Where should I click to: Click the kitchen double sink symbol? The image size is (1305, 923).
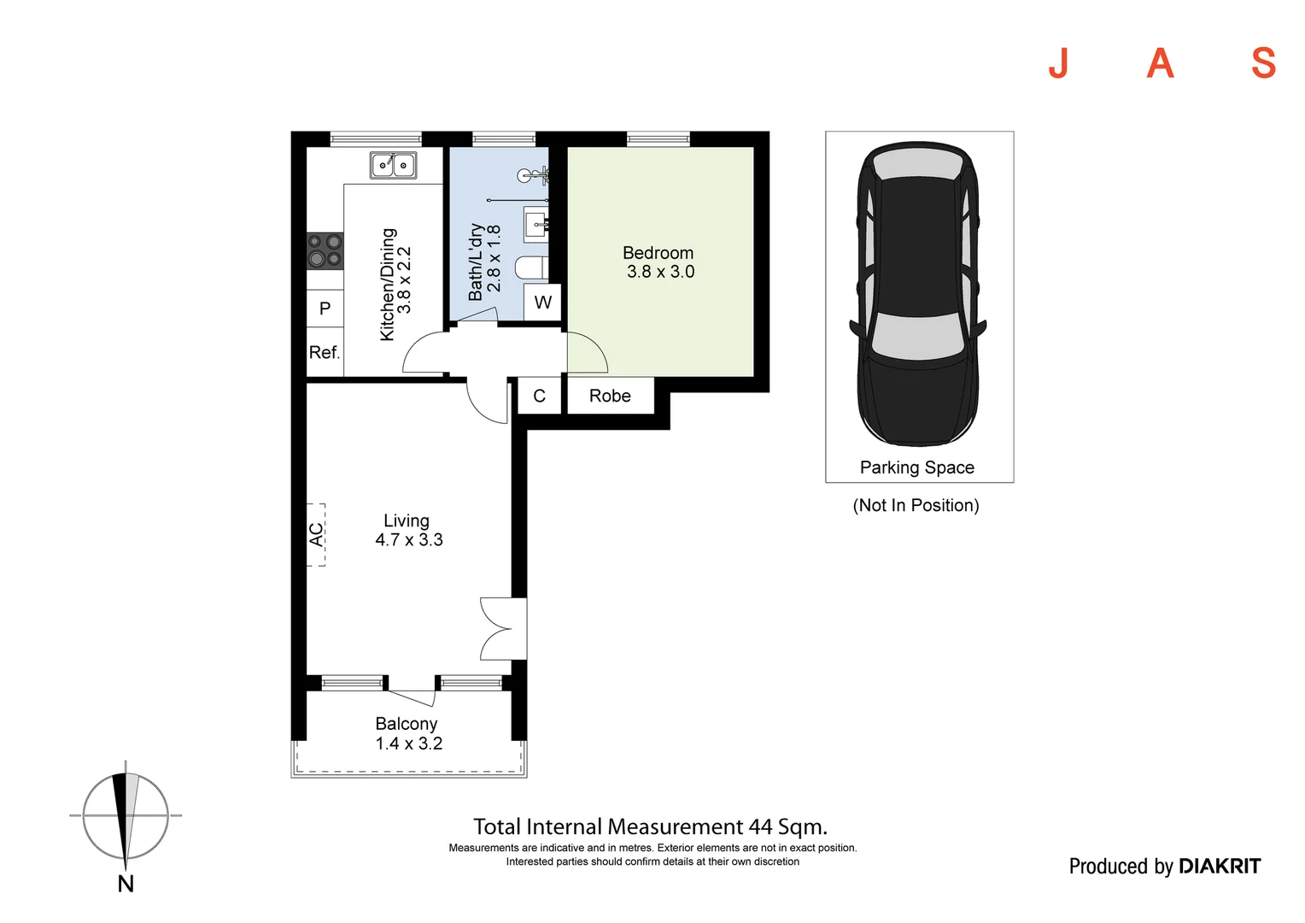pos(393,165)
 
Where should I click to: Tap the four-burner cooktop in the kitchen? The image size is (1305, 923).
pos(325,250)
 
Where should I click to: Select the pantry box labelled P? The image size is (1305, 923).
pos(325,309)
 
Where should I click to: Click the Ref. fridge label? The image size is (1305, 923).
pos(325,352)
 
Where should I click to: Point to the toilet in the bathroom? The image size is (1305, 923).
pos(531,268)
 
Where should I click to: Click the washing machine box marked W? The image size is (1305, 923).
pos(542,303)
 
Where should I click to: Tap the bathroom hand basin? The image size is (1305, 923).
pos(535,225)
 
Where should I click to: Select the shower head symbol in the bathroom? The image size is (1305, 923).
pos(528,176)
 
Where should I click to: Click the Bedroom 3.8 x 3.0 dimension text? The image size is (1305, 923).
pos(660,272)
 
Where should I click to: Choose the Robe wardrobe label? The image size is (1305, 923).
pos(610,396)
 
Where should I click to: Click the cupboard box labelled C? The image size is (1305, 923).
pos(539,396)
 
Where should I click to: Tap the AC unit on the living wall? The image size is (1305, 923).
pos(316,534)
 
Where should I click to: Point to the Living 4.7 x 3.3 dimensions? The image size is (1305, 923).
pos(409,539)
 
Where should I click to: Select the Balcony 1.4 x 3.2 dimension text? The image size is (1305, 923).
pos(409,744)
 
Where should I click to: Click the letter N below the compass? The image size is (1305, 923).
pos(126,884)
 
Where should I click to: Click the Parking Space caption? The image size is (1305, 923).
pos(916,467)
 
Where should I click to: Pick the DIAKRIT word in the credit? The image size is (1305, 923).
pos(1219,867)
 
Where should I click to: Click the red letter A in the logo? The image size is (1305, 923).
pos(1160,63)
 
